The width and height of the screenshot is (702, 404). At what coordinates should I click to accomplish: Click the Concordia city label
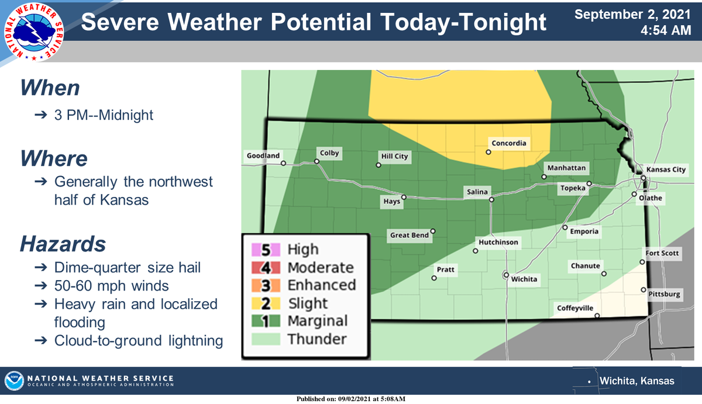[508, 143]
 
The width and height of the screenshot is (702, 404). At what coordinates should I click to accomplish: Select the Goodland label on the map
[263, 156]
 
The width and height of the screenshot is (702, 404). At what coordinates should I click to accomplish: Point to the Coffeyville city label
[574, 308]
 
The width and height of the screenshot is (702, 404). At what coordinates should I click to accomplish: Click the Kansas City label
[665, 170]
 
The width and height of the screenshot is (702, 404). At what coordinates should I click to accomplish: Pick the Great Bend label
[409, 236]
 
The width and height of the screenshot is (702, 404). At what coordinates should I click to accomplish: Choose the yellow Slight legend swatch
[266, 303]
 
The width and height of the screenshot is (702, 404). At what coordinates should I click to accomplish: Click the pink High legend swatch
[266, 250]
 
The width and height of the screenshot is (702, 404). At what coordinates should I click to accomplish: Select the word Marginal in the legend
[317, 321]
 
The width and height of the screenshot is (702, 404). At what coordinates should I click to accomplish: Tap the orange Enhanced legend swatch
[266, 285]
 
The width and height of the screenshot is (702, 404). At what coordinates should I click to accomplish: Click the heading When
[50, 88]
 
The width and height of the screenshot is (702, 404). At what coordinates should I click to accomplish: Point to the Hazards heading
[63, 243]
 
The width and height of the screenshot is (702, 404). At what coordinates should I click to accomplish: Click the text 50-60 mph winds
[111, 286]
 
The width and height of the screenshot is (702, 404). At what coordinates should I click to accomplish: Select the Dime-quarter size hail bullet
[127, 268]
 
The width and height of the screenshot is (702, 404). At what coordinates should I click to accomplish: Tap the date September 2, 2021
[632, 13]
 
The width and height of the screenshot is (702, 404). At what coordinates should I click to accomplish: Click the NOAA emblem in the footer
[14, 380]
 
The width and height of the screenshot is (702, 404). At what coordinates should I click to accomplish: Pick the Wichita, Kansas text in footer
[637, 381]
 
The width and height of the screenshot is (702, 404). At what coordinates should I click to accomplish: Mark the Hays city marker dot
[404, 197]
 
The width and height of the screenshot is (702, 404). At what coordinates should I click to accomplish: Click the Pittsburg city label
[665, 294]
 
